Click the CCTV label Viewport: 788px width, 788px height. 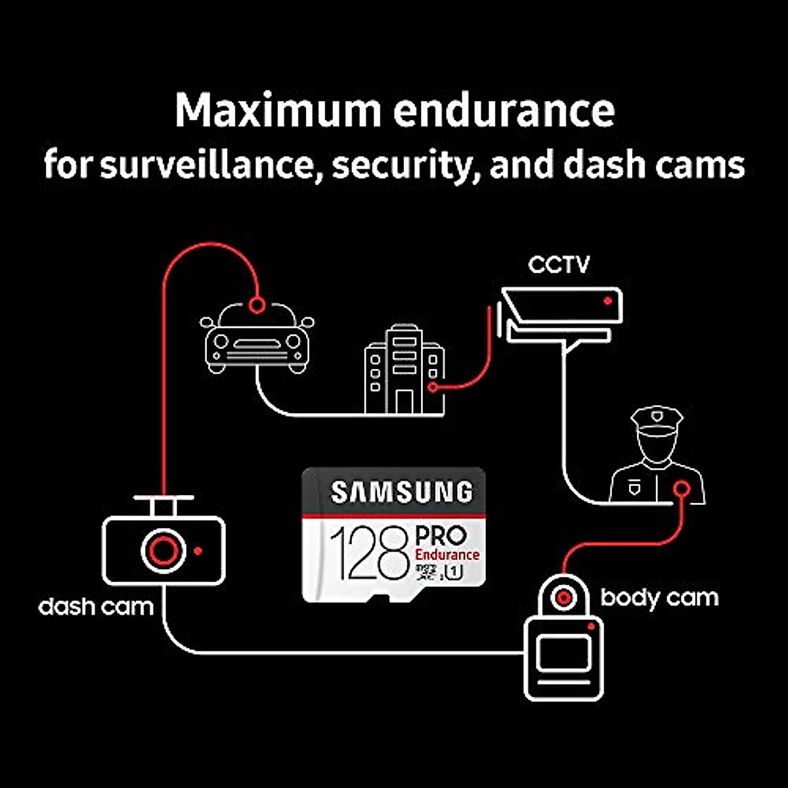coord(559,265)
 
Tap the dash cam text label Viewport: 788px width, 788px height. coord(96,605)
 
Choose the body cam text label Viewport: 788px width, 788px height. coord(659,598)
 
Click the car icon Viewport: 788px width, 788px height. coord(257,338)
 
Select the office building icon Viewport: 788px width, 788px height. coord(404,370)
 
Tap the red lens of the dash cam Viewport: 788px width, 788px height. coord(163,550)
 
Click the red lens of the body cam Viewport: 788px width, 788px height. coord(563,597)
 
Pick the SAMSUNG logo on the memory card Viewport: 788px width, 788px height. coord(401,492)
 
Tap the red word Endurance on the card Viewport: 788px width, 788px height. coord(447,555)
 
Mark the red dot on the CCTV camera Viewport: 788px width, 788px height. coord(608,300)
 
